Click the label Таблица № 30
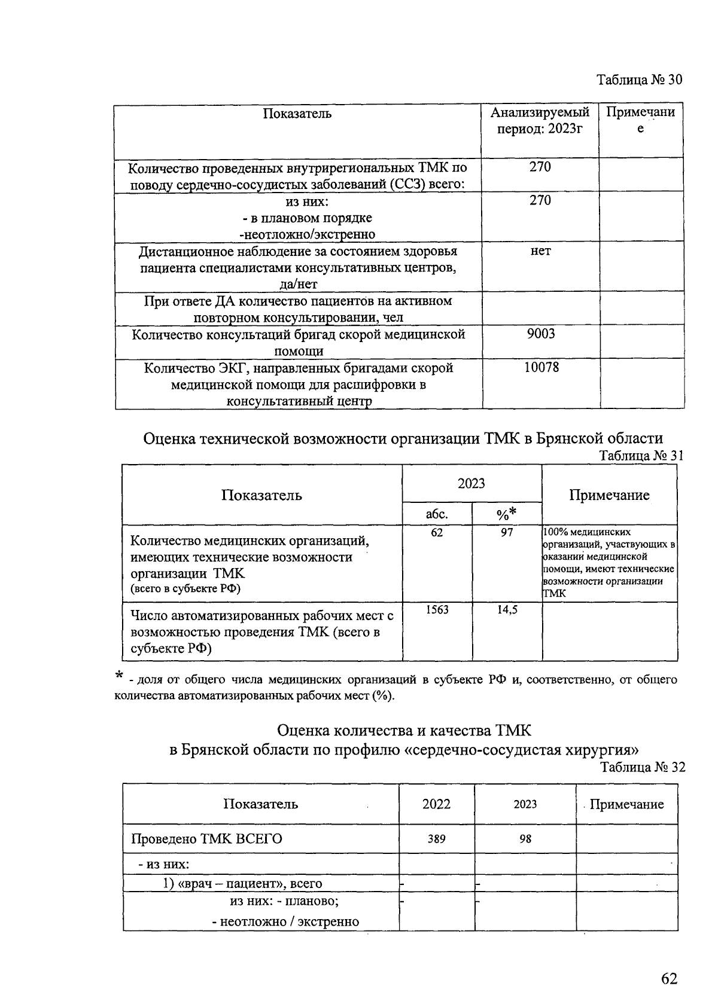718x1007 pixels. tap(639, 80)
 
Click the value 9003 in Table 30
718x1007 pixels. tap(540, 334)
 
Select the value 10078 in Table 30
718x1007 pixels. tap(541, 367)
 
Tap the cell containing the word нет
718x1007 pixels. tap(540, 251)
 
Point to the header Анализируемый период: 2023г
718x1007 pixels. tap(540, 120)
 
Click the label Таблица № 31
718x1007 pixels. tap(641, 456)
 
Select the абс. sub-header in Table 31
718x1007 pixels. tap(437, 514)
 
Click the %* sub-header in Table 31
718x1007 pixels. tap(506, 513)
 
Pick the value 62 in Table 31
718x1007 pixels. tap(437, 532)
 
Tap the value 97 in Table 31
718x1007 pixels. tap(507, 532)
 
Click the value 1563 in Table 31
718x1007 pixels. tap(437, 609)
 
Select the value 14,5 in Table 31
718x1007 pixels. tap(507, 609)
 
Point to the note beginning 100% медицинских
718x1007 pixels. tap(609, 562)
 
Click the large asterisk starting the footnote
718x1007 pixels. tap(120, 676)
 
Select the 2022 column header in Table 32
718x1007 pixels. tap(436, 804)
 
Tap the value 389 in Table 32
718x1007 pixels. tap(436, 839)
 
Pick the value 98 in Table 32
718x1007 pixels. tap(525, 839)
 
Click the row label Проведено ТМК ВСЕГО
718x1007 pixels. tap(206, 839)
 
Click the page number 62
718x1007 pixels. tap(669, 978)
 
